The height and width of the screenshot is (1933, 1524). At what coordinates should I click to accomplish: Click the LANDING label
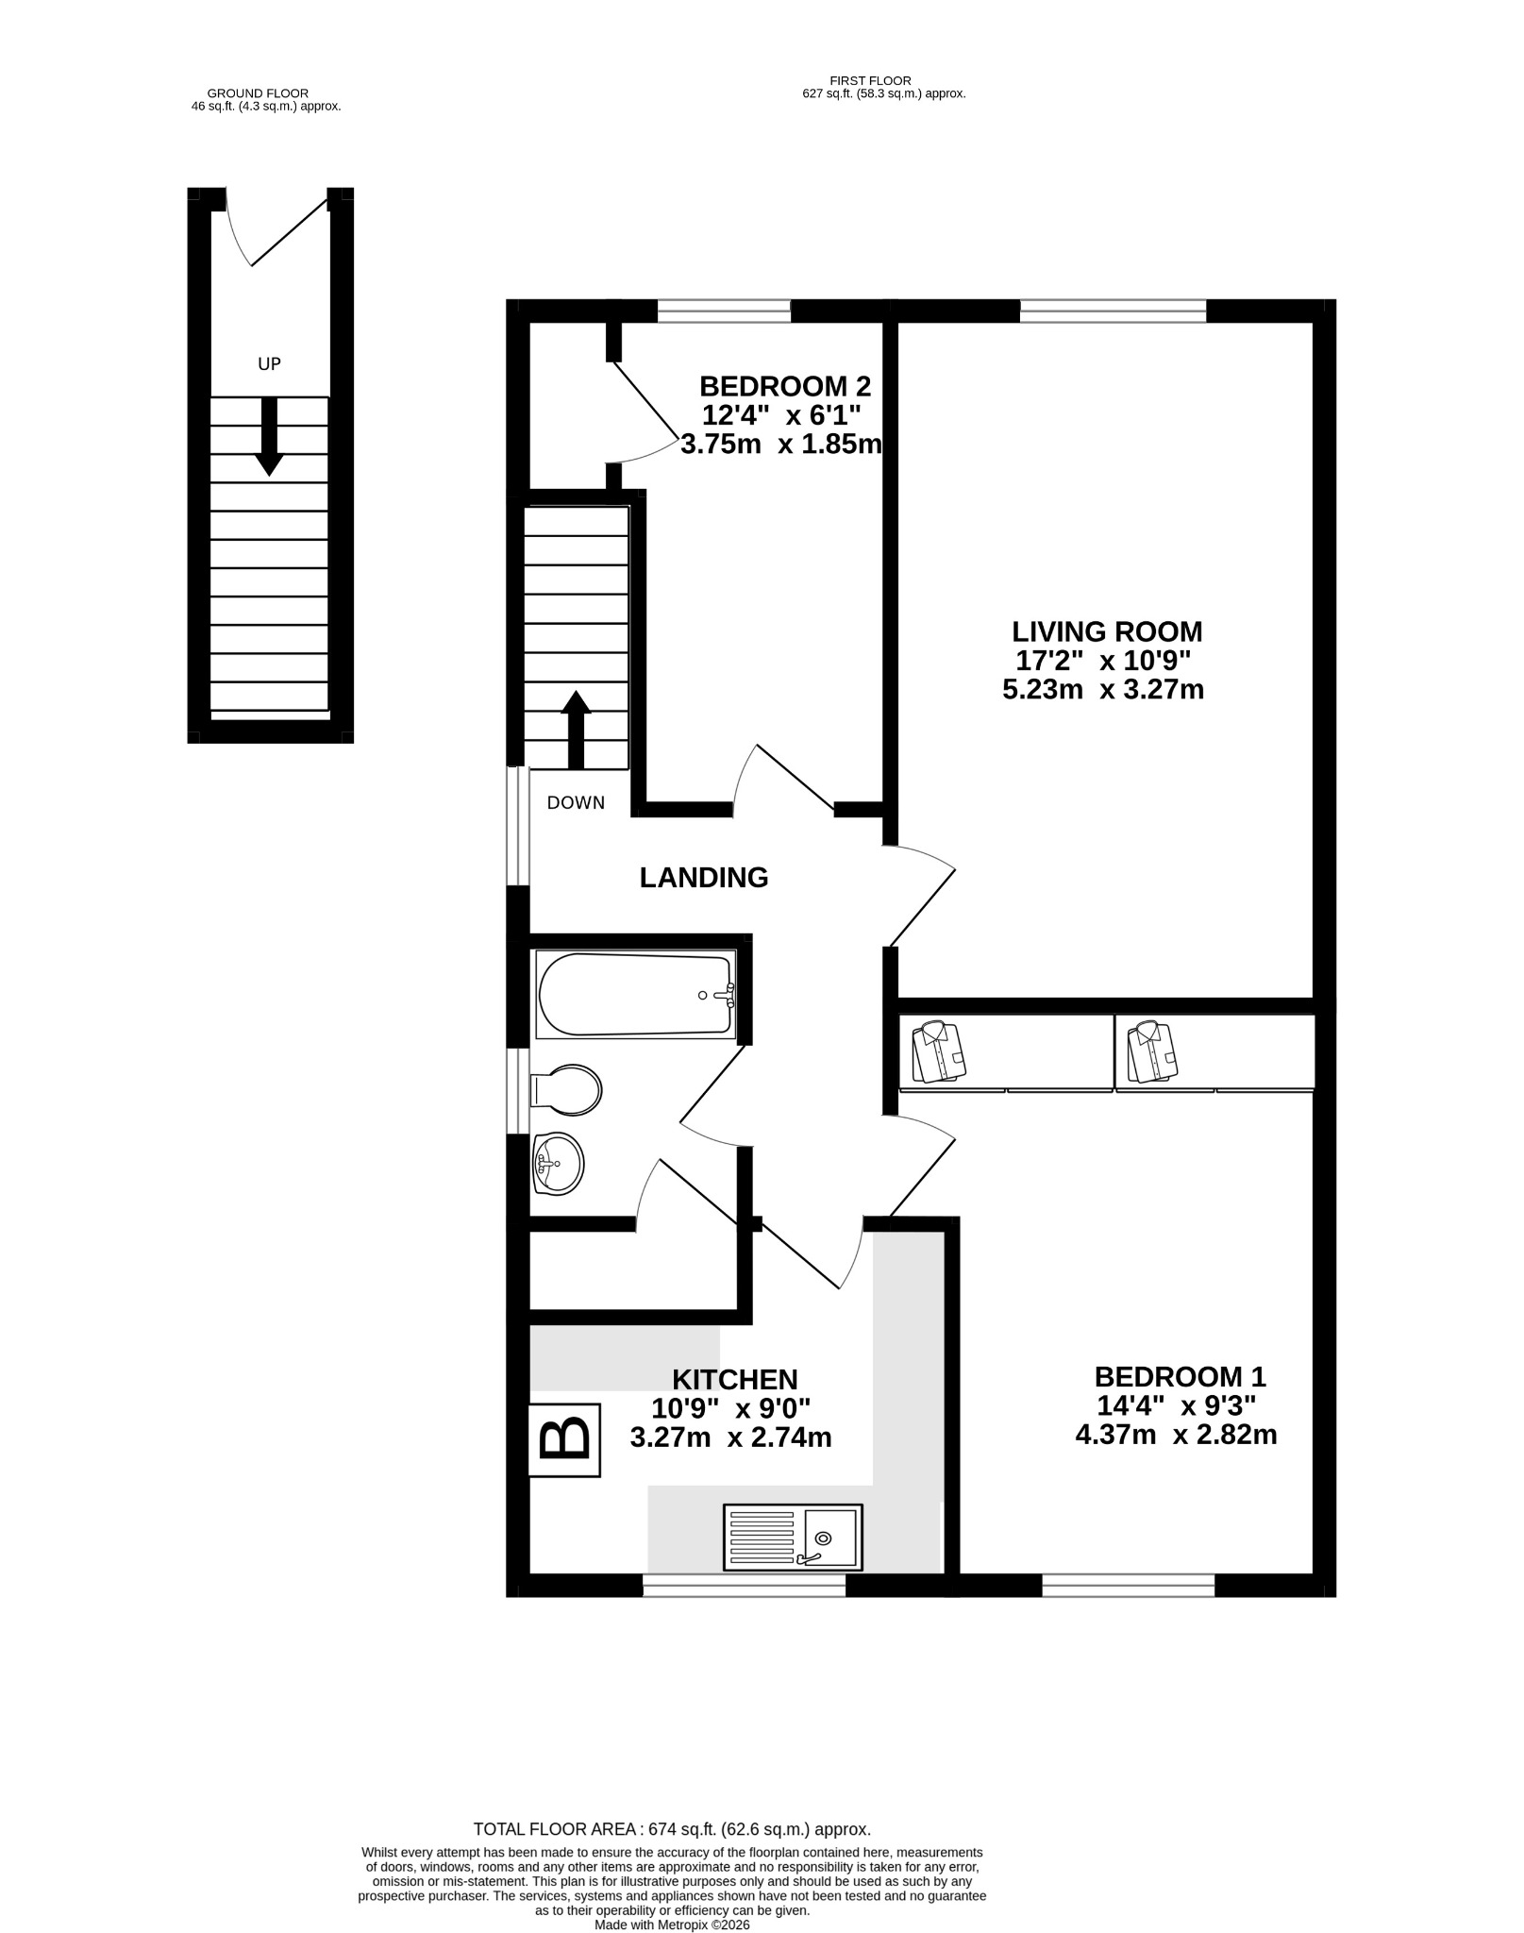click(704, 878)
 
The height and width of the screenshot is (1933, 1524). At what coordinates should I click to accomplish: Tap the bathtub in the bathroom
click(635, 995)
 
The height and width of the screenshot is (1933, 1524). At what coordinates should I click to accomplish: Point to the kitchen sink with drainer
click(793, 1537)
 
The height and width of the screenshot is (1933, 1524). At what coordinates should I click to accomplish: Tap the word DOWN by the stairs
click(576, 803)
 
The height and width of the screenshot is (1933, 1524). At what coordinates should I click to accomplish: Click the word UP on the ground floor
click(270, 363)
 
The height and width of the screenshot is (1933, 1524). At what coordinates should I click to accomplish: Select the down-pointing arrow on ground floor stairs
click(270, 436)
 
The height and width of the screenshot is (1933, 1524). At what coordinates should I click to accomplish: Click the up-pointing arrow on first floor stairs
click(576, 730)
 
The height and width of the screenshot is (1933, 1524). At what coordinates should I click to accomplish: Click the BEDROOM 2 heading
click(785, 386)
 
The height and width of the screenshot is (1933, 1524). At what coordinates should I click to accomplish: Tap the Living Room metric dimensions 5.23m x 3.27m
click(1103, 689)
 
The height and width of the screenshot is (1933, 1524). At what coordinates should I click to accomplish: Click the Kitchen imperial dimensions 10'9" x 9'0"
click(731, 1408)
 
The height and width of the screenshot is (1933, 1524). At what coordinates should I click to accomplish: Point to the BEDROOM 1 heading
click(1180, 1376)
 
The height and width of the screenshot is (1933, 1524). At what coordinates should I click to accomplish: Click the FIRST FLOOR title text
click(870, 81)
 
